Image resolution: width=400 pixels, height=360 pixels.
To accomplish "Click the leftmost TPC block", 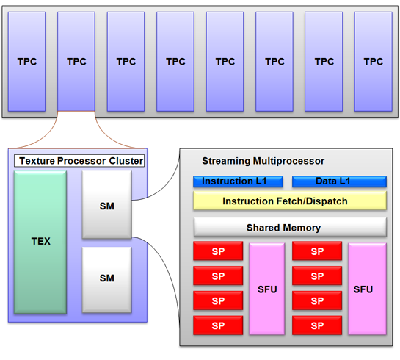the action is [x=26, y=62].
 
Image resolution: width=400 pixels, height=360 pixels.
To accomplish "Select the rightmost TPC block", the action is [x=374, y=62].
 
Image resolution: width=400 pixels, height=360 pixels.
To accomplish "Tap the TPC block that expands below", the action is [x=76, y=62].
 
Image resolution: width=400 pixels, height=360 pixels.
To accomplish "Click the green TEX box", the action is [x=40, y=242].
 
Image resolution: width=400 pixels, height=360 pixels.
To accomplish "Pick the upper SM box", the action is [x=107, y=205].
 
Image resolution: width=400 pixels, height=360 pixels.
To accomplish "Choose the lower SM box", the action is [x=107, y=280].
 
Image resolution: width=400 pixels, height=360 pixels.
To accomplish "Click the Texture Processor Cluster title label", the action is [x=79, y=161].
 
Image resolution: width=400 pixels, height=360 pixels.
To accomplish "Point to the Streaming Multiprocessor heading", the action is [x=263, y=161].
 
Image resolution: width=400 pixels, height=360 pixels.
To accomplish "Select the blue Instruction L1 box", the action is [x=238, y=181].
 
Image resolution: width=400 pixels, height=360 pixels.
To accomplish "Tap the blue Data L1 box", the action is [x=339, y=181].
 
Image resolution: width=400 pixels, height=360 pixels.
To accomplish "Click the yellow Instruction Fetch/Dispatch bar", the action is [x=290, y=201].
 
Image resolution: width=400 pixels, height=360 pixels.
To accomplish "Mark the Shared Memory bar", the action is [x=290, y=227].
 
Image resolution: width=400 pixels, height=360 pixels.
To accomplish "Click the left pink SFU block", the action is [x=267, y=289].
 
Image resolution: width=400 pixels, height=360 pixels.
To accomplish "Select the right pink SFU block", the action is [x=367, y=289].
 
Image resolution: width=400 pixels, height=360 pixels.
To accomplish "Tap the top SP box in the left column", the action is [x=218, y=251].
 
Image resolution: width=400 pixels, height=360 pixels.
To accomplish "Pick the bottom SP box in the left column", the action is [x=218, y=325].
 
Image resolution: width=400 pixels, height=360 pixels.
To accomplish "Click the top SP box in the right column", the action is [x=317, y=251].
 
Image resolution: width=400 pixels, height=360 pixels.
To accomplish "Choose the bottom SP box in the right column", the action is [x=317, y=325].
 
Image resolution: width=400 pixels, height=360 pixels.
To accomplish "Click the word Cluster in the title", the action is [x=126, y=161].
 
